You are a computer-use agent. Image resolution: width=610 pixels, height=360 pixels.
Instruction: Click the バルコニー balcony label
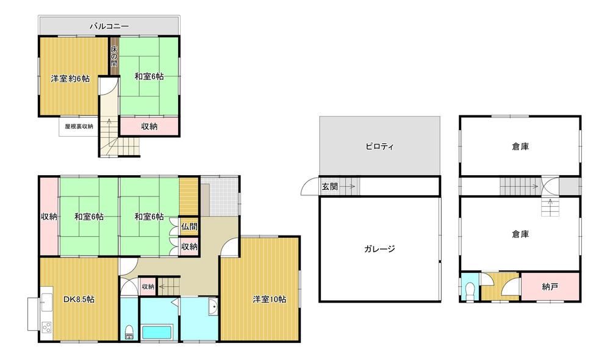(109, 26)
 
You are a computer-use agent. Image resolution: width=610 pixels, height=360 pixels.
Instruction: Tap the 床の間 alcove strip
(114, 56)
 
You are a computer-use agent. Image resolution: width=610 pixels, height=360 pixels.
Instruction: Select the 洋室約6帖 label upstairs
(70, 79)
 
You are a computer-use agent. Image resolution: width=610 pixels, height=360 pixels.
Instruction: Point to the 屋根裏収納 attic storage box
(79, 126)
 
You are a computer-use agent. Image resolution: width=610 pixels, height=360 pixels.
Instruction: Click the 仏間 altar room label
(189, 227)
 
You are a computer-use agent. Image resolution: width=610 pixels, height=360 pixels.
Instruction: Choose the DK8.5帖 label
(79, 300)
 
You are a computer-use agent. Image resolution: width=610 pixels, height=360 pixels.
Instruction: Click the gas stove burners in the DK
(46, 327)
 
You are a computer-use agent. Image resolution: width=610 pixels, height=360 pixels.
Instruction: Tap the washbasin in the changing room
(212, 307)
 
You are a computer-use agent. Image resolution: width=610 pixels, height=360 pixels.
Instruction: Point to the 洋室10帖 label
(270, 299)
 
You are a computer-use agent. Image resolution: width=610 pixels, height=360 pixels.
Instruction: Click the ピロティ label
(379, 146)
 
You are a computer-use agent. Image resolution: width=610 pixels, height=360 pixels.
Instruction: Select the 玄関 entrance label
(329, 187)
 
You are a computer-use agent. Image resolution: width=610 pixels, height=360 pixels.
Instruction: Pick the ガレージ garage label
(379, 249)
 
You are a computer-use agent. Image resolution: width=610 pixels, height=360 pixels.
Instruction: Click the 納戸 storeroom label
(550, 287)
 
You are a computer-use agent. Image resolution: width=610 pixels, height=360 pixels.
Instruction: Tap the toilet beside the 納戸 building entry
(470, 292)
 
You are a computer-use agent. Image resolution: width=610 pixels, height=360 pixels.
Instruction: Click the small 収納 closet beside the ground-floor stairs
(148, 287)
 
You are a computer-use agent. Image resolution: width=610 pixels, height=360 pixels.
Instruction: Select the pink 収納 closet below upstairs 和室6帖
(149, 126)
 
